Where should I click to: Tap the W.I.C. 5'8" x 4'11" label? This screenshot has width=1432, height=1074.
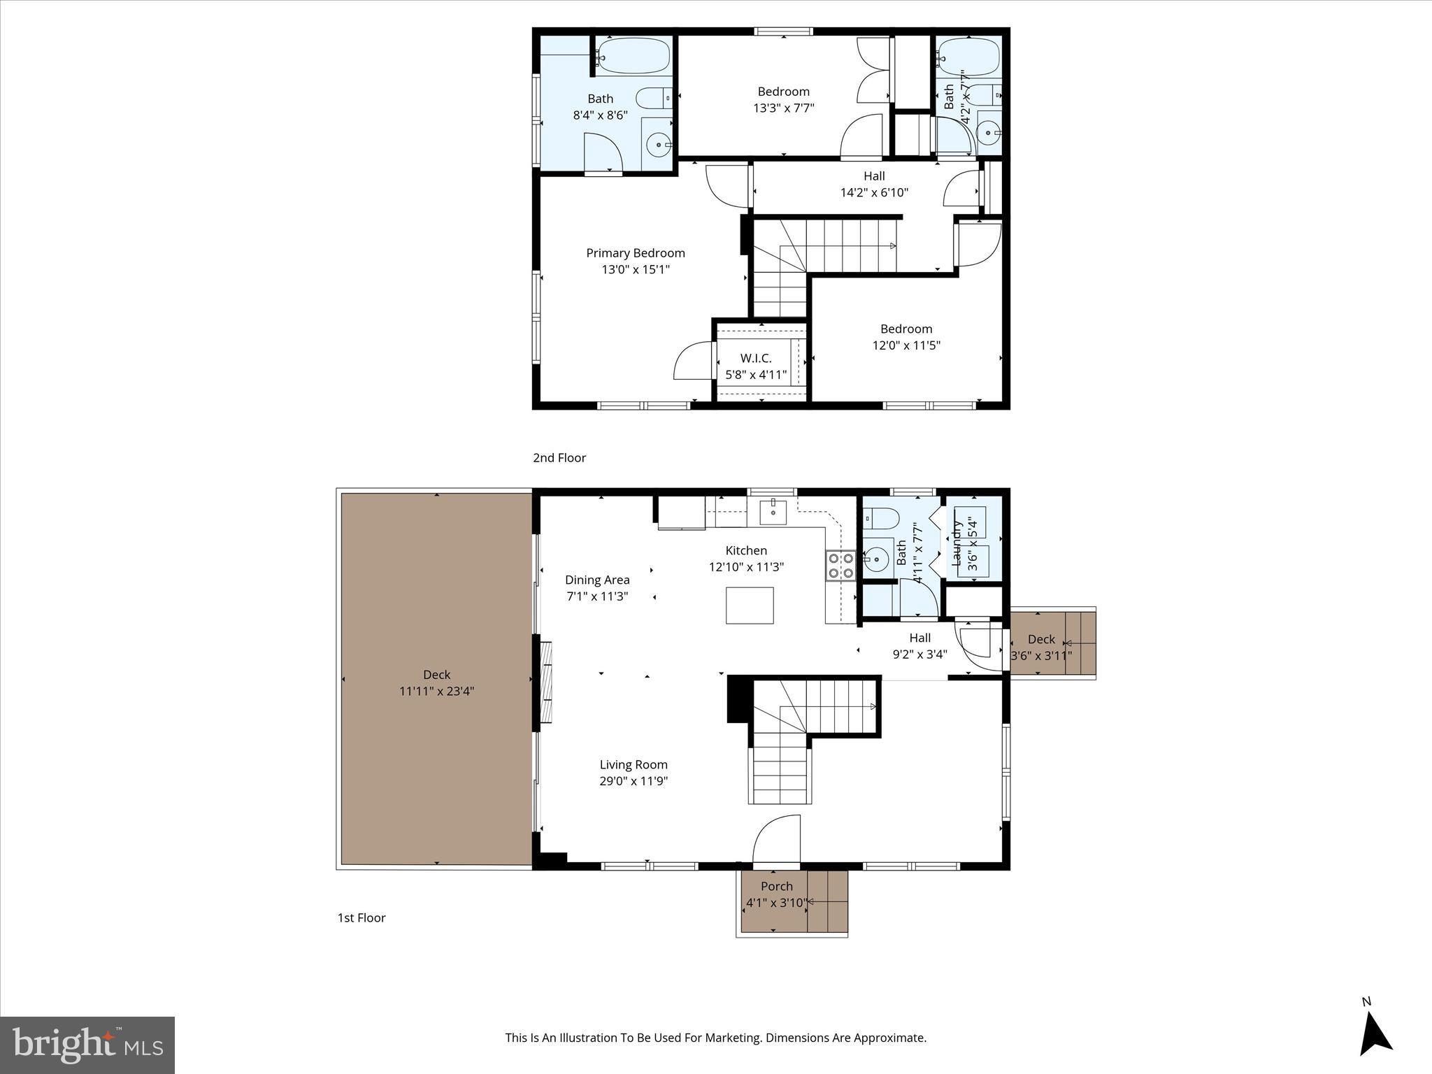(x=756, y=366)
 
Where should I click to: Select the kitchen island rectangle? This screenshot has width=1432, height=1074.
(x=750, y=606)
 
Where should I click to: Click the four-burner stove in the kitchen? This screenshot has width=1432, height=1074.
(x=840, y=566)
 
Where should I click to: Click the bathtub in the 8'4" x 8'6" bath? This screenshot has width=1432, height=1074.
(x=633, y=55)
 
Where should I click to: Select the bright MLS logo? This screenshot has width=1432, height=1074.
(x=87, y=1045)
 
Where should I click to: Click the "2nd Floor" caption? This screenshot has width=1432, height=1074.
(x=559, y=458)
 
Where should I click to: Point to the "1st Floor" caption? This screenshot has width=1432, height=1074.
(x=361, y=918)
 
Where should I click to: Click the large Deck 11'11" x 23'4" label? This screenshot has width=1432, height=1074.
(x=436, y=683)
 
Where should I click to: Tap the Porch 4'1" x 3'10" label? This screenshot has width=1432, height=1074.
(x=776, y=894)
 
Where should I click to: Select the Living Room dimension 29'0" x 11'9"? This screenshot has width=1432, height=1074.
(x=633, y=781)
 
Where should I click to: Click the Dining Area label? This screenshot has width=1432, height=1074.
(x=597, y=580)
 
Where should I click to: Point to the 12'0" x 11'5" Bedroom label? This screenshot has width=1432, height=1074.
(x=906, y=337)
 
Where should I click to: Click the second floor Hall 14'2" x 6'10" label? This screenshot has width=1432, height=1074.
(x=874, y=185)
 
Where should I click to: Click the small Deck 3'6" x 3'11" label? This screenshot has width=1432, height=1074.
(x=1041, y=647)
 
